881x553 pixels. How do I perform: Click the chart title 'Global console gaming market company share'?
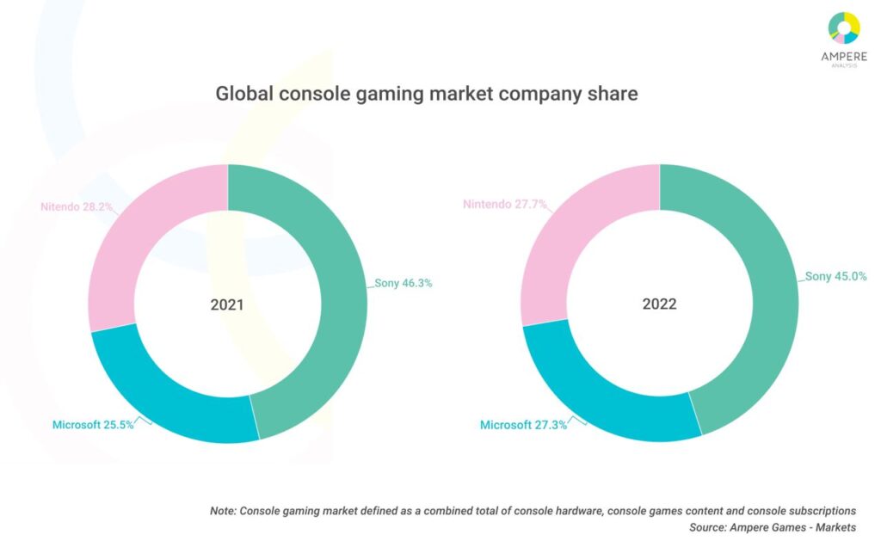click(427, 94)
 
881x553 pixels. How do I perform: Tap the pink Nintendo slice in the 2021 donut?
click(146, 249)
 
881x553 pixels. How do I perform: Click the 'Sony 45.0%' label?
click(835, 277)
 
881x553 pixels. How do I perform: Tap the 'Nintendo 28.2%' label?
click(78, 207)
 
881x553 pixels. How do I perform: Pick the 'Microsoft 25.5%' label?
click(93, 425)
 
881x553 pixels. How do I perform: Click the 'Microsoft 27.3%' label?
click(523, 426)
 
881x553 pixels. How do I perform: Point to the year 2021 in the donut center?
click(227, 304)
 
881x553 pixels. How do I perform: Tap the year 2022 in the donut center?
click(659, 304)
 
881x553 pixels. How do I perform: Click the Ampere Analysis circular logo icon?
click(844, 28)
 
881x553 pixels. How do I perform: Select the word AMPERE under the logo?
click(844, 56)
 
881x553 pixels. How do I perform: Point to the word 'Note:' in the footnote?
click(224, 511)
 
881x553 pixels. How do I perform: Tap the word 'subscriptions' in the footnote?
click(821, 511)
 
